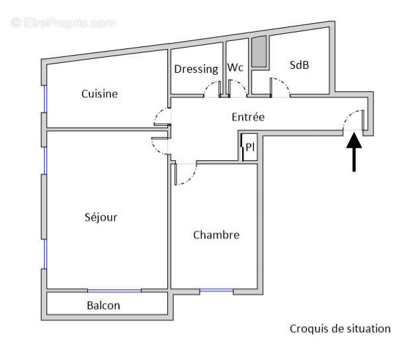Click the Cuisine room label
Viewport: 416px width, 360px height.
[99, 94]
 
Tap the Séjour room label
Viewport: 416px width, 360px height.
[101, 217]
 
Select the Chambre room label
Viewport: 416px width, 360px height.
[216, 235]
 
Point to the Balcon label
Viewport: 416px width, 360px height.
[104, 305]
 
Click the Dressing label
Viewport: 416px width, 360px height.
[196, 69]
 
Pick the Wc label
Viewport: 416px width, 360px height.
[235, 68]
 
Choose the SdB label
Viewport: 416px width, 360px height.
[300, 65]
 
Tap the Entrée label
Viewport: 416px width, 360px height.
[248, 117]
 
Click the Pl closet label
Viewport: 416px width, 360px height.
[250, 148]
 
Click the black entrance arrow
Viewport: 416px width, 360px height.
[354, 152]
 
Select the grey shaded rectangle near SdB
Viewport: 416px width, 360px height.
[260, 52]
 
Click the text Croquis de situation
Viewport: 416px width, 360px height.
[340, 328]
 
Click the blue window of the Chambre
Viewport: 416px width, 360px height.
[216, 290]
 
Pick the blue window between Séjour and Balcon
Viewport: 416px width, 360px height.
[114, 291]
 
